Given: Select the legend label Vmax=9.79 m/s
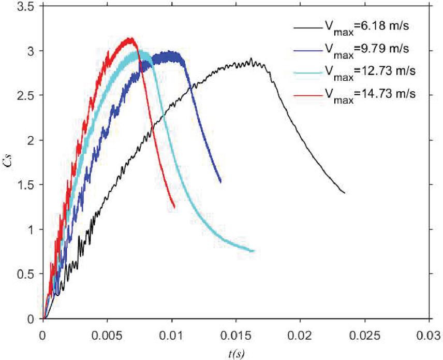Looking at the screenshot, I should [367, 50].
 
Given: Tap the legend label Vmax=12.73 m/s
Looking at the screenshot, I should [370, 71].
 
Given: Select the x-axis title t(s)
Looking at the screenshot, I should [235, 353].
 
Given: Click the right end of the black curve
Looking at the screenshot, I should [345, 193].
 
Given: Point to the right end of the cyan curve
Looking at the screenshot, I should [254, 251].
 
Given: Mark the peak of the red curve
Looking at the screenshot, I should [131, 38].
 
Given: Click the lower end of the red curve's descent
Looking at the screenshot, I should [174, 208].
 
